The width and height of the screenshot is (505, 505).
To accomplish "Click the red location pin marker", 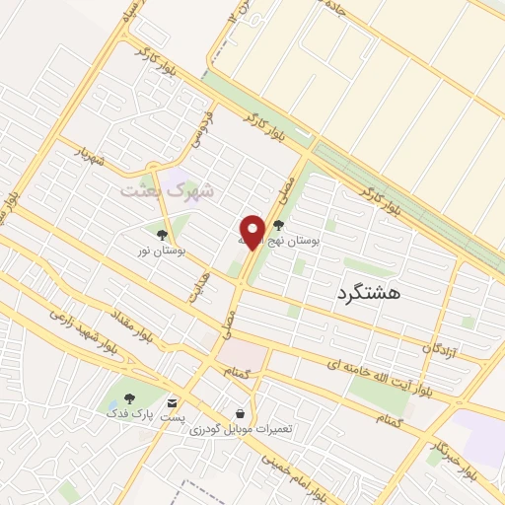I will (x=252, y=230).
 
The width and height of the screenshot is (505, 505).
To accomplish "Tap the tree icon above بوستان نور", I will (x=161, y=235).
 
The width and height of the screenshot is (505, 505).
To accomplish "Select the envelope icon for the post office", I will (x=174, y=402).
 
